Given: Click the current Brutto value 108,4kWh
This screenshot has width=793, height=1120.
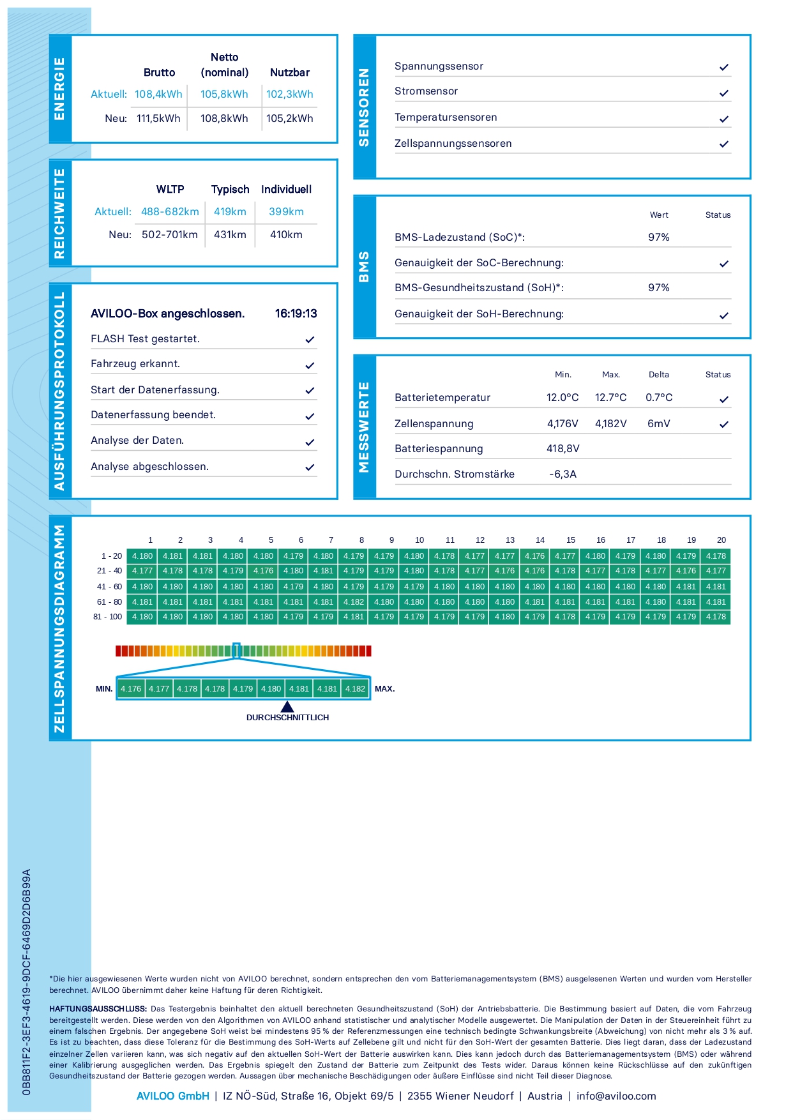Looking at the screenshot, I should coord(158,95).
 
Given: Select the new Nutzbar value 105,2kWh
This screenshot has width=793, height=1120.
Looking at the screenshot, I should coord(290,119).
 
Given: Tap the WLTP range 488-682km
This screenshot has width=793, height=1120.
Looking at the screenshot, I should coord(170,212).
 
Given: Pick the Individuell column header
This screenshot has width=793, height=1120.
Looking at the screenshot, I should coord(286,190).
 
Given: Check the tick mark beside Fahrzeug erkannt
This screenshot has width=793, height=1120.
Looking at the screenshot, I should coord(310,366).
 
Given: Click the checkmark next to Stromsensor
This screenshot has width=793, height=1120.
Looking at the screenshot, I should coord(723,93).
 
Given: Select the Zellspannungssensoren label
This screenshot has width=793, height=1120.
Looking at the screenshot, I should coord(453,144).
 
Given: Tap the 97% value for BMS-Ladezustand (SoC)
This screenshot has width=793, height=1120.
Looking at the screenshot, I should coord(658,238).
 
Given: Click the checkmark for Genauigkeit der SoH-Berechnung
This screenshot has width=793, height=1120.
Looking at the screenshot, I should coord(723,315).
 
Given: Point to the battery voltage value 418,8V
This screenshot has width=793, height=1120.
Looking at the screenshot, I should coord(563,449).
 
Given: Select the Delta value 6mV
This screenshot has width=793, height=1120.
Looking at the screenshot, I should coord(658,424).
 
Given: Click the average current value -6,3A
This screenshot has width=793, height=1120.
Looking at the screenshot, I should coord(563,474).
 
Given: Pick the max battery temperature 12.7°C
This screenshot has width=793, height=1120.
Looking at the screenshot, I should coord(610,398).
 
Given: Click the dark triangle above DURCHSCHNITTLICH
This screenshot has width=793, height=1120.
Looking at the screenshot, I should coord(287,706).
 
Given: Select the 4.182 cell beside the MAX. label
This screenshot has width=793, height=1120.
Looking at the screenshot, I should coord(355,689).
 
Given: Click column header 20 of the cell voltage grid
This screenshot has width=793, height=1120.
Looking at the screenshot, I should coord(721,540).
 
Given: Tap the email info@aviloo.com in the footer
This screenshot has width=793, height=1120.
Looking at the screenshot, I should coord(616,1096).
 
